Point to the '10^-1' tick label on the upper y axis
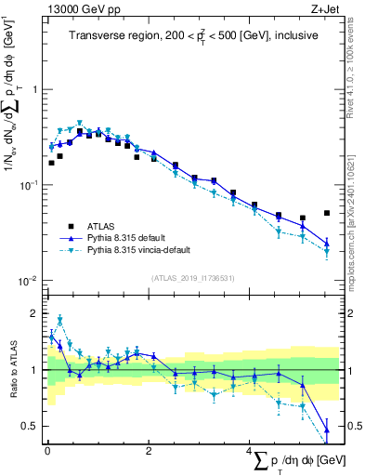[32, 185]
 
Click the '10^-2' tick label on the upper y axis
[32, 281]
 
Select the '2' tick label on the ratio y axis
[36, 313]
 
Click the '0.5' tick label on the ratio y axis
[32, 426]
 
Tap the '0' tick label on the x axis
[47, 451]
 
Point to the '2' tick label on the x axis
[149, 451]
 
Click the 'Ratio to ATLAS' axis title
[12, 372]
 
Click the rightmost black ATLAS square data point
[327, 213]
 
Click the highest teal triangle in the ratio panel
[60, 319]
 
